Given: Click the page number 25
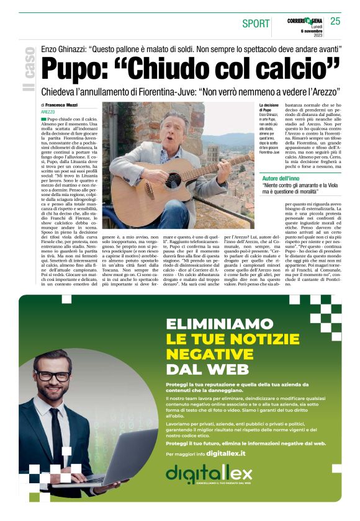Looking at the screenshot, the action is pos(335,21).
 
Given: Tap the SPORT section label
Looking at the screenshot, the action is pos(255,24).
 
